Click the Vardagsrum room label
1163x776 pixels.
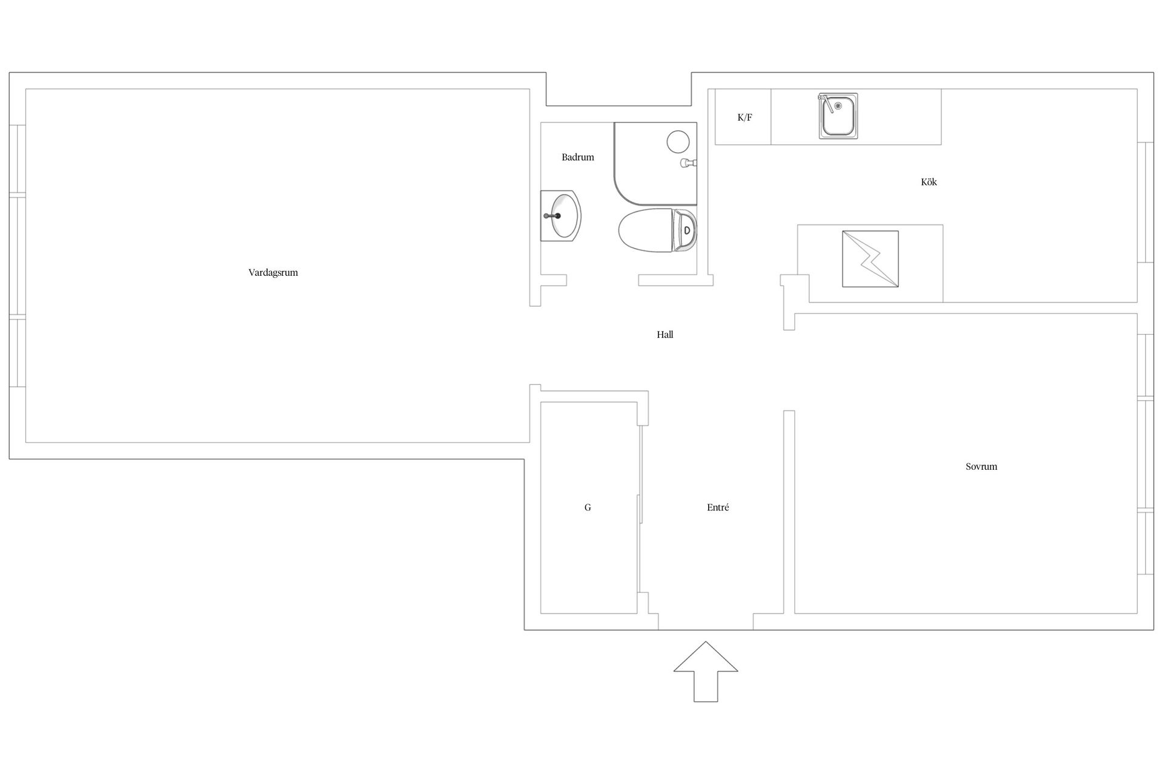(273, 273)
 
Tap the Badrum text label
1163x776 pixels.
(578, 157)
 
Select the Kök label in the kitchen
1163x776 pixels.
(929, 182)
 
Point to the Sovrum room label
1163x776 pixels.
(981, 466)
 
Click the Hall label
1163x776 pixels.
(665, 334)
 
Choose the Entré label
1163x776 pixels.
(718, 507)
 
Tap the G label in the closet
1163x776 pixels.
(588, 507)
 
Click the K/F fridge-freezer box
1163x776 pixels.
(743, 117)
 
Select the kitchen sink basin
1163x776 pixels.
(838, 116)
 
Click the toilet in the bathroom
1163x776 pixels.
(658, 230)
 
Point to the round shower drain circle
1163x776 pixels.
(678, 142)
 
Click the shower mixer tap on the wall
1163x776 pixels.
(689, 162)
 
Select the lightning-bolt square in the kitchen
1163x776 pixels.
(870, 259)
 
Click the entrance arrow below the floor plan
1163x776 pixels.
(706, 672)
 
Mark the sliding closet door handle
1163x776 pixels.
(639, 508)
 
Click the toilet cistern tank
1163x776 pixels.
(685, 230)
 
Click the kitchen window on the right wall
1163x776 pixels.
(1145, 202)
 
